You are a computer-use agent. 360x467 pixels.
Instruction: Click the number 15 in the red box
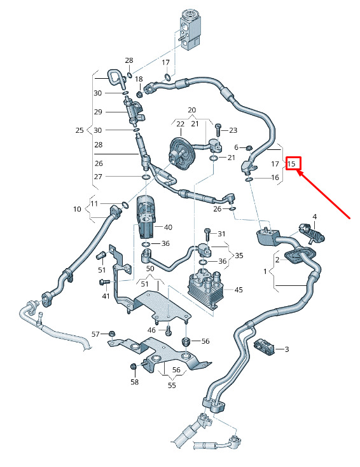click(x=291, y=164)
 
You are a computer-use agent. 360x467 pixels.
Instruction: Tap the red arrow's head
click(x=300, y=173)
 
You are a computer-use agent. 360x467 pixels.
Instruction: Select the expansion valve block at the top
click(x=190, y=30)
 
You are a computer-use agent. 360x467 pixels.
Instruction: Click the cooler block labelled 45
click(x=205, y=287)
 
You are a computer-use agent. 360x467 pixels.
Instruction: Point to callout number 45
click(x=239, y=290)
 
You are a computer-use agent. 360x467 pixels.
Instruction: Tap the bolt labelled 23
click(x=218, y=130)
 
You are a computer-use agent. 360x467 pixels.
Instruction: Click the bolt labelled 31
click(x=207, y=235)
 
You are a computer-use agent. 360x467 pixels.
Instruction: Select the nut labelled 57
click(x=112, y=334)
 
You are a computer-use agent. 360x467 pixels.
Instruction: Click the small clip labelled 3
click(x=263, y=347)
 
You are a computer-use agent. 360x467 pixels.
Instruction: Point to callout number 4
click(x=314, y=217)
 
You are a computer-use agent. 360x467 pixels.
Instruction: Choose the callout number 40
click(x=168, y=227)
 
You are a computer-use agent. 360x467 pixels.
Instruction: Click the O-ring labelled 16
click(x=249, y=179)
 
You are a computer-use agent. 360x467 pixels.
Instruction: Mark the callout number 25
click(x=80, y=130)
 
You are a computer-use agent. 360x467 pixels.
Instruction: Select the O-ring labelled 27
click(x=146, y=177)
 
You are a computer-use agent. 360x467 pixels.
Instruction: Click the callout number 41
click(x=106, y=296)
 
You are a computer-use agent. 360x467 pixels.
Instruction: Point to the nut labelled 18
click(x=139, y=95)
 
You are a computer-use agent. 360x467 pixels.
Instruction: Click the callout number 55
click(x=172, y=385)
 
